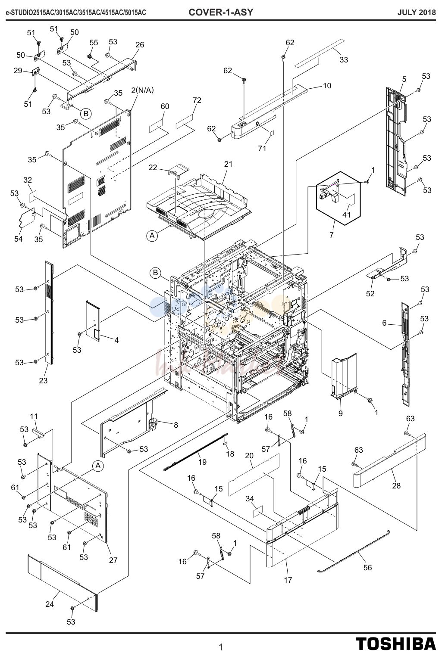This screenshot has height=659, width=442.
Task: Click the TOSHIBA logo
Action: pos(395,644)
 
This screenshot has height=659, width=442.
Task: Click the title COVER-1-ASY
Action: pos(221,12)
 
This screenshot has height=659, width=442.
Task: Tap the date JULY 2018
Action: pos(417,12)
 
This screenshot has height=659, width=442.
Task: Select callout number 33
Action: pos(344,60)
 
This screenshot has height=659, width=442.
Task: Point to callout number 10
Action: pos(327,86)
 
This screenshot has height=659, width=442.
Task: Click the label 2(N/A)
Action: pos(143,90)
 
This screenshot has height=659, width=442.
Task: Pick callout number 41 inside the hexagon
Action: pos(346,214)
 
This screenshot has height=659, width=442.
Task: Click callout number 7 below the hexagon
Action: pos(332,235)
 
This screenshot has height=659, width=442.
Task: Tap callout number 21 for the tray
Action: pos(228,164)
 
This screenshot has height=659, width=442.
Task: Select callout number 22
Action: pos(153,168)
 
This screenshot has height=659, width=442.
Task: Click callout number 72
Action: pos(197,100)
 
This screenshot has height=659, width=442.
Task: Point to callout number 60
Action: pos(165,106)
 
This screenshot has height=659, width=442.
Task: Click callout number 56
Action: pos(367,568)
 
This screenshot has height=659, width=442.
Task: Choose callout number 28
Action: pos(396,486)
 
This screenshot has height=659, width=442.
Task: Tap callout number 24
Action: pos(50,604)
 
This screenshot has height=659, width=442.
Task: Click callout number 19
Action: pos(202,462)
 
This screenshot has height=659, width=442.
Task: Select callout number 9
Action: pos(340,413)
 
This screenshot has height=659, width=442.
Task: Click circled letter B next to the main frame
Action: pos(155,273)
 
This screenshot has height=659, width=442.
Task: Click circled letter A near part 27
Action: pos(98,466)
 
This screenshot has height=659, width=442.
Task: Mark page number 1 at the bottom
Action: pos(221,647)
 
